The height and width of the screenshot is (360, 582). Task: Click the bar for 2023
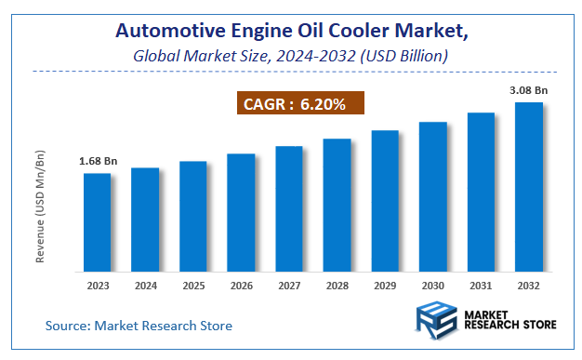pos(97,222)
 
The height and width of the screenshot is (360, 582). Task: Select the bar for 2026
pos(241,213)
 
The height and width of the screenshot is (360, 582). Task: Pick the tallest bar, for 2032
pos(529,187)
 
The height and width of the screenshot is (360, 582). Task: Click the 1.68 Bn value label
pos(98,162)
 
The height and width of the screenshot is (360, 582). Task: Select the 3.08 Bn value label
pos(528,90)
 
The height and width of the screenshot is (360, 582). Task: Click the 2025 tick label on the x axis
pos(193,287)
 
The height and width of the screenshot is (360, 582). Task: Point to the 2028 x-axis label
pos(337,287)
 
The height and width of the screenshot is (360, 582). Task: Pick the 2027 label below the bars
pos(289,287)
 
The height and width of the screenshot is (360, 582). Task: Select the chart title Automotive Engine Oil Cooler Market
pos(291,31)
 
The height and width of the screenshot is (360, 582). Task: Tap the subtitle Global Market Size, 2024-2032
pos(291,56)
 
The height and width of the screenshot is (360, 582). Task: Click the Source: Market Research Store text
pos(139,326)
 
